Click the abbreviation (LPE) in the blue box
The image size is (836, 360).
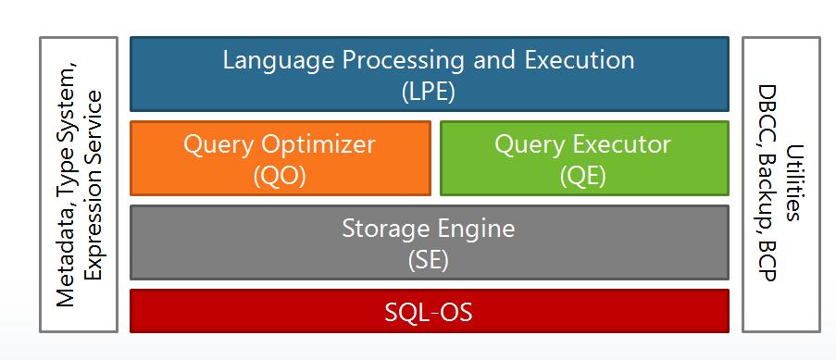point(429,92)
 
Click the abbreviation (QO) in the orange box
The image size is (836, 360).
point(279,176)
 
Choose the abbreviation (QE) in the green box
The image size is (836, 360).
point(582,176)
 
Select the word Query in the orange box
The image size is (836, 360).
point(216,145)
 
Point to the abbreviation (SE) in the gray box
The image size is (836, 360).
point(429,259)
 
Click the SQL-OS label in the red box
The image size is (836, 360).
point(429,312)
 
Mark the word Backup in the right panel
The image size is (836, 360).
point(767,189)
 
